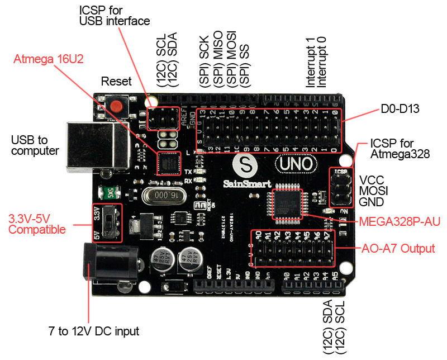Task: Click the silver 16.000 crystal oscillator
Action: tap(161, 196)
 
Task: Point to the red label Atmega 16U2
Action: tap(49, 59)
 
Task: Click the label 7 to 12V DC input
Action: tap(94, 331)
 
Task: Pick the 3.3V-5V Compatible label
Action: tap(37, 224)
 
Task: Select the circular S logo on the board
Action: tap(244, 165)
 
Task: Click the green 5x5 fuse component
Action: tap(112, 193)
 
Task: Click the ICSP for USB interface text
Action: tap(115, 16)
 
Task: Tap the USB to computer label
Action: tap(35, 145)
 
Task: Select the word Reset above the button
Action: tap(116, 81)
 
